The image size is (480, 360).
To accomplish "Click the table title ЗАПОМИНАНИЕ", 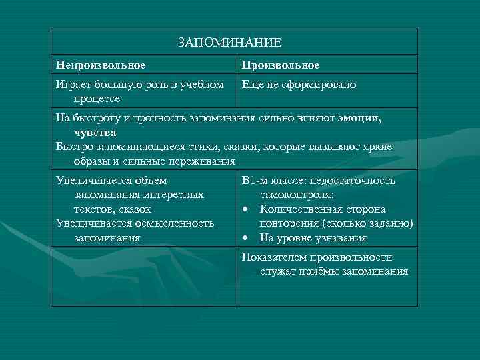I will tap(230, 43).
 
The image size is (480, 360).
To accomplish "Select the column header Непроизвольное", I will tap(101, 65).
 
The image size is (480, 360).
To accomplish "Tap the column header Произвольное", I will tap(281, 65).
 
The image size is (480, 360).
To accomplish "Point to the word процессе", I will tap(97, 98).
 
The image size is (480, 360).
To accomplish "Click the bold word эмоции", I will tap(359, 118).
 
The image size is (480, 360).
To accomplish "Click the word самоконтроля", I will tap(297, 195).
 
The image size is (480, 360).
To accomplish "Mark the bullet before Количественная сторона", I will tap(246, 209).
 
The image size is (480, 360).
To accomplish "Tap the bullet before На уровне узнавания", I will tap(246, 237).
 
